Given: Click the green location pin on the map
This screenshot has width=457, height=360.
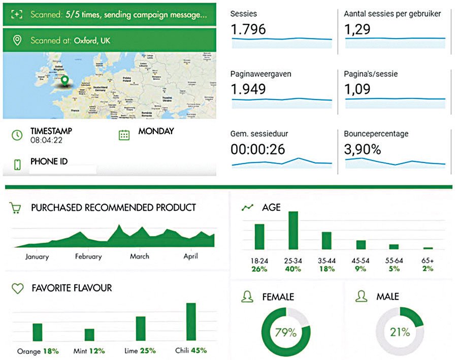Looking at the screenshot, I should [x=64, y=81].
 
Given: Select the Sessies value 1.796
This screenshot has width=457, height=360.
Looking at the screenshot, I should [x=248, y=29].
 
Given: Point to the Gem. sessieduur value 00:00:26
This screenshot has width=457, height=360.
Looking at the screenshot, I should [x=258, y=150].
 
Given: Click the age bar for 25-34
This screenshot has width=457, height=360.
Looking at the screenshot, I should [x=293, y=230].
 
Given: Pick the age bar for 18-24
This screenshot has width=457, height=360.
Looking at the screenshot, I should [x=259, y=237].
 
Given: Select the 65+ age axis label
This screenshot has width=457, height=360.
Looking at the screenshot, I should [x=428, y=260].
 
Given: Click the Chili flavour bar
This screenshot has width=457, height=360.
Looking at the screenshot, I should [x=191, y=322].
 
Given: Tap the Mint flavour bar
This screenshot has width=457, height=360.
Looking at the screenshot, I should [x=89, y=335].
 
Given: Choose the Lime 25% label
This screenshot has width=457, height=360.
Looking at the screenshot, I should [x=140, y=351].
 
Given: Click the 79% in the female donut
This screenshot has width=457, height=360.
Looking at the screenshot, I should [x=286, y=333].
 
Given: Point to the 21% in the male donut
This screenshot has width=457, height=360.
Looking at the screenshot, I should [x=400, y=333].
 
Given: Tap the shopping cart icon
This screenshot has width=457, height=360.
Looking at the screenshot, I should [x=16, y=208].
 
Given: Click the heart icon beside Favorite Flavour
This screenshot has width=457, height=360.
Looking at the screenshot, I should [x=18, y=288].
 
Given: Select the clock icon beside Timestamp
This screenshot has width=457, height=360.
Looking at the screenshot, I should [x=18, y=135].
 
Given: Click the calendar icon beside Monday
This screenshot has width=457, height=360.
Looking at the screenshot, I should [x=124, y=135].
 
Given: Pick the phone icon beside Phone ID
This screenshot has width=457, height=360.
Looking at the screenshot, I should [x=17, y=165].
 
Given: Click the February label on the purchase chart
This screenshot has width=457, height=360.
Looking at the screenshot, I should [x=88, y=256].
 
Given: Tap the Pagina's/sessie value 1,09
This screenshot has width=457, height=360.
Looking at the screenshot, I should [x=358, y=90].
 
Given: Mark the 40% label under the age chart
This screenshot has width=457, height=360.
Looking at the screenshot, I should [x=292, y=269].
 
